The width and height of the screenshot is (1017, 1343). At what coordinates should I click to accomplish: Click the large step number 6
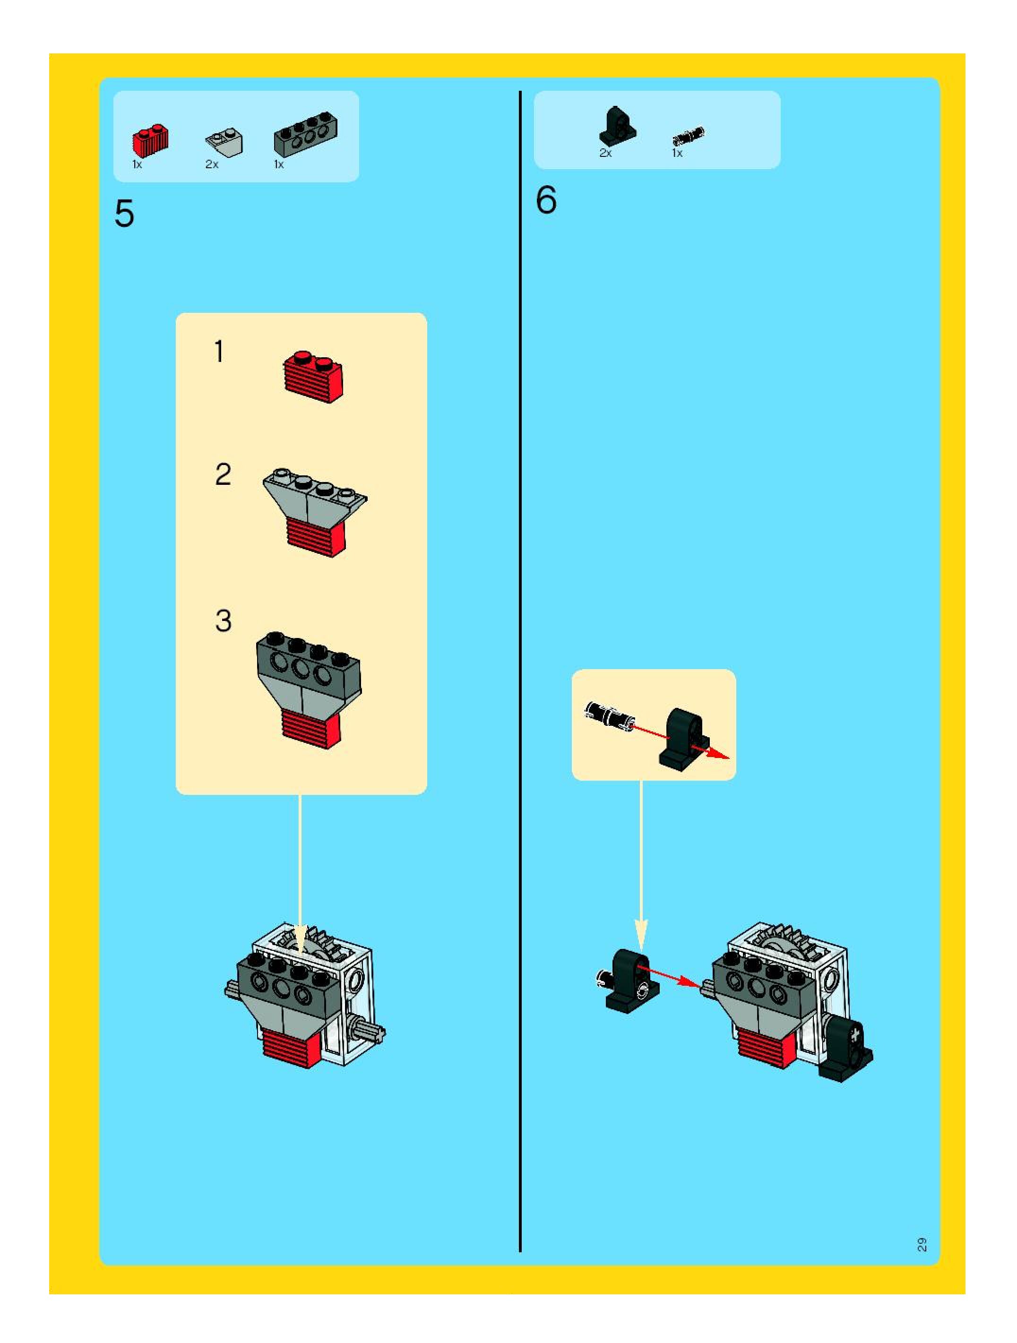546,200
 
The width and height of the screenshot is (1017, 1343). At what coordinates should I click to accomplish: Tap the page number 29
922,1244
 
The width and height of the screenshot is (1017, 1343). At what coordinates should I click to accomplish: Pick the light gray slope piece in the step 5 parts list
224,141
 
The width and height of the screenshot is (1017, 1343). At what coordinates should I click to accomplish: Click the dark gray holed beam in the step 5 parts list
305,134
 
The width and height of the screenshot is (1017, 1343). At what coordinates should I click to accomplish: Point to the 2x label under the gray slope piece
211,164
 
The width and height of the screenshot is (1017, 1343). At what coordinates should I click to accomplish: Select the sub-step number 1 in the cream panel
219,352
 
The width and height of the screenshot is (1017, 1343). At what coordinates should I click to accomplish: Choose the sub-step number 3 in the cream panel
223,620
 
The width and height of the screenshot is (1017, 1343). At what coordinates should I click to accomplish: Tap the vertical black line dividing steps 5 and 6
520,668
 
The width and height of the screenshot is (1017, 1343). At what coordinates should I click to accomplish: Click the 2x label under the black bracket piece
605,153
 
